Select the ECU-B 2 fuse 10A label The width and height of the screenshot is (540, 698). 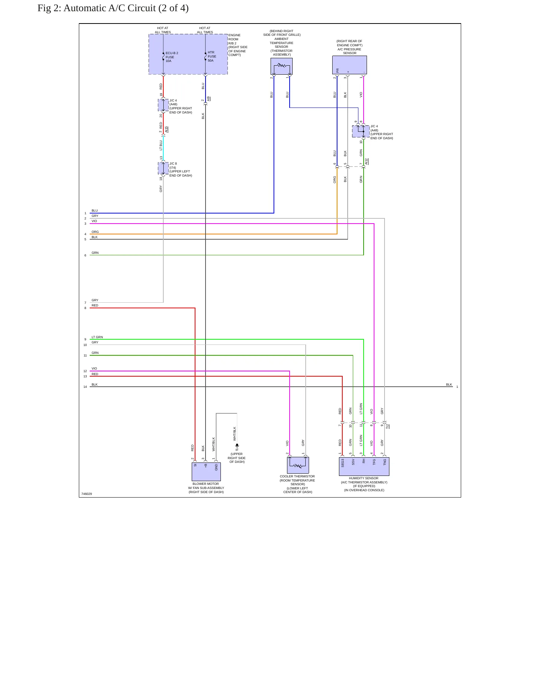click(172, 57)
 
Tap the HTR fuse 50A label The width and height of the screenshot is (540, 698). click(212, 57)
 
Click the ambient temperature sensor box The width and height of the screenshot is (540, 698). click(281, 66)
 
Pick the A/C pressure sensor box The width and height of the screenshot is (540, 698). click(349, 65)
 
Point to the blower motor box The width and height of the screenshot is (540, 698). click(206, 472)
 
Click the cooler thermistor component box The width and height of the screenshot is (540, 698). click(298, 465)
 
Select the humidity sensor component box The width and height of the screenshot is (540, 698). click(364, 467)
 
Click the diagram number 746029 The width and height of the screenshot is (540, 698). click(87, 494)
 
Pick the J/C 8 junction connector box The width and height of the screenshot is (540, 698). click(163, 168)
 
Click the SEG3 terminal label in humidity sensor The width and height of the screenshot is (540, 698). click(343, 463)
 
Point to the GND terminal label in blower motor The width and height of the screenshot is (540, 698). click(216, 467)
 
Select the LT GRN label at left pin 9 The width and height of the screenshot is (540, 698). click(97, 337)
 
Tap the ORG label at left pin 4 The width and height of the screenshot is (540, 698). click(95, 232)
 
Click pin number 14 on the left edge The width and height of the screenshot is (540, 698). click(85, 387)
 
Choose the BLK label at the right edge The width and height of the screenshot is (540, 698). click(449, 384)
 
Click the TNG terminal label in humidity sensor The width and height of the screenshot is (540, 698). click(385, 462)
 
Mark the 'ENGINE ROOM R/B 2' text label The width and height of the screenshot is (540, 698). click(234, 39)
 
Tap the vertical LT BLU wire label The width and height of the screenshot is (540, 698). click(161, 145)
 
